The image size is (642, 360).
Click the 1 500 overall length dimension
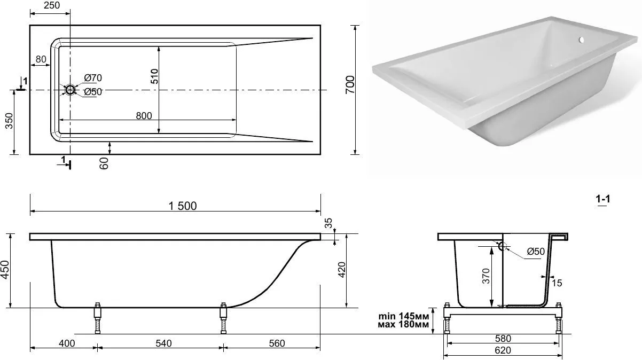pos(183,206)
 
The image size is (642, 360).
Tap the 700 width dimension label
pos(350,84)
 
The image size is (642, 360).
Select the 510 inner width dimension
pos(154,76)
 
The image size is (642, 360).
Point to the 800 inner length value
pos(144,116)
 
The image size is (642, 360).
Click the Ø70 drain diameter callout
pos(93,77)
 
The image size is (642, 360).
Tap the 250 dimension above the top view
pos(52,5)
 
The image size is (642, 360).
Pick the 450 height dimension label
pos(5,269)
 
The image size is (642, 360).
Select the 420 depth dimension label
pos(342,270)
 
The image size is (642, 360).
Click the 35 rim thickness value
pos(328,223)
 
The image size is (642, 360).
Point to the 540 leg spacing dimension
pos(163,343)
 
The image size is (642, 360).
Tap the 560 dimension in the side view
pos(277,343)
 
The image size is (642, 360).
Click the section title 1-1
pos(603,199)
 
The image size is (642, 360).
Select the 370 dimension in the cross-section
pos(486,276)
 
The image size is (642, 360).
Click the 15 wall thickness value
pos(557,283)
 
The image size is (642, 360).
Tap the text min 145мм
pos(404,316)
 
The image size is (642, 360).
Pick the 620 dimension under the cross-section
pos(503,350)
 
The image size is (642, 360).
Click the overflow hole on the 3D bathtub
pos(581,40)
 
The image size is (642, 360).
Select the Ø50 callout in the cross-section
pos(536,252)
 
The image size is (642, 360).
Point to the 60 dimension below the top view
pos(104,163)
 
